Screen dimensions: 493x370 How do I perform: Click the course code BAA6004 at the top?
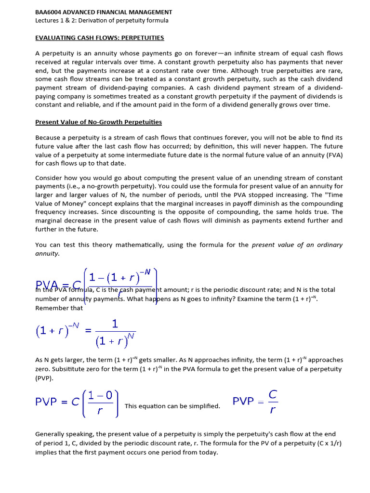(x=50, y=12)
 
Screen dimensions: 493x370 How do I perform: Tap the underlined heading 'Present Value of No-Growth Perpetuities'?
(x=98, y=122)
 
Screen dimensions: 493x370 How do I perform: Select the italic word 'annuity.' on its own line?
(x=48, y=253)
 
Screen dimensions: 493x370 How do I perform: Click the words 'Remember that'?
(x=59, y=308)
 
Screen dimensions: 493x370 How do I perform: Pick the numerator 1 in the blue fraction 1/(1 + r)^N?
(x=115, y=324)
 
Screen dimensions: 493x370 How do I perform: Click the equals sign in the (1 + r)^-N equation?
(x=88, y=331)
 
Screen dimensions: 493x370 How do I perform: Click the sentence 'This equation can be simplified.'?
(x=172, y=406)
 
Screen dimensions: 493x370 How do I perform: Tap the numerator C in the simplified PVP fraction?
(x=273, y=394)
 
